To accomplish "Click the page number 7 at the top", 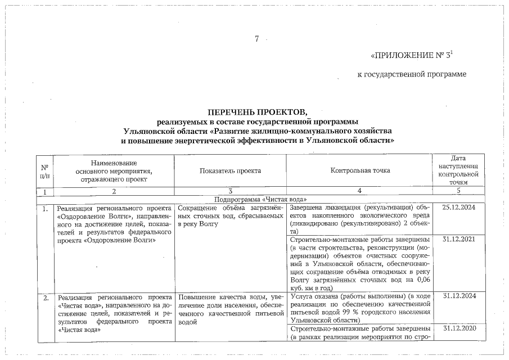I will (256, 39).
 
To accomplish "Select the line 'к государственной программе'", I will (412, 74).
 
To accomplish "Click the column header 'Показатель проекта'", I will (230, 170).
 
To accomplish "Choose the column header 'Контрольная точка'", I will (360, 170).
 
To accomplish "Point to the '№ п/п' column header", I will (43, 170).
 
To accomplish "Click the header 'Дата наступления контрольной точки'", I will (459, 170).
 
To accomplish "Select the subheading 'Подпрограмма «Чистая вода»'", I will (257, 199).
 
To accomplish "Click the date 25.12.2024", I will (459, 208).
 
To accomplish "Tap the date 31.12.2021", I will (459, 240).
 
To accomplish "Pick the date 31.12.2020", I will (459, 328).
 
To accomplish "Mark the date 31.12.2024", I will (459, 296).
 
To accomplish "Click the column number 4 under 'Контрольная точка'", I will (360, 191).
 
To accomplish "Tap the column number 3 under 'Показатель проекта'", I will (230, 191).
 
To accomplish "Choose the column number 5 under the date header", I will (459, 191).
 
